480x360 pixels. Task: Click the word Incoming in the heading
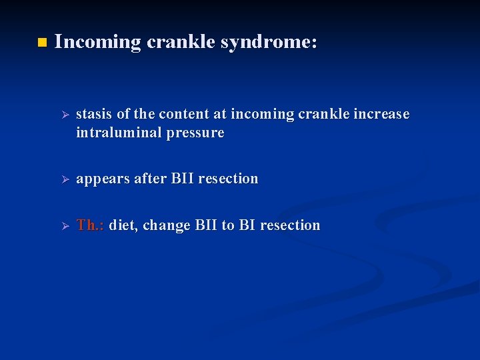coord(98,43)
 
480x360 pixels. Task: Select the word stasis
coord(95,114)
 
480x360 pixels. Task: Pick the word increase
coord(379,114)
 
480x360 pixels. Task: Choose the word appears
coord(103,179)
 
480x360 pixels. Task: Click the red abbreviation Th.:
coord(90,225)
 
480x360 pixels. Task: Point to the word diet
coord(122,225)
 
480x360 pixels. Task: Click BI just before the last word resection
coord(247,225)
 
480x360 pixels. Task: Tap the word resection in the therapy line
coord(290,225)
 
